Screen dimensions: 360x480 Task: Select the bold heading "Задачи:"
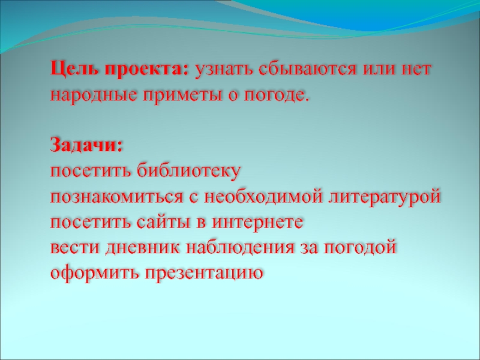pos(86,146)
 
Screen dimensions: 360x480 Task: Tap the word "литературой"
pos(383,197)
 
